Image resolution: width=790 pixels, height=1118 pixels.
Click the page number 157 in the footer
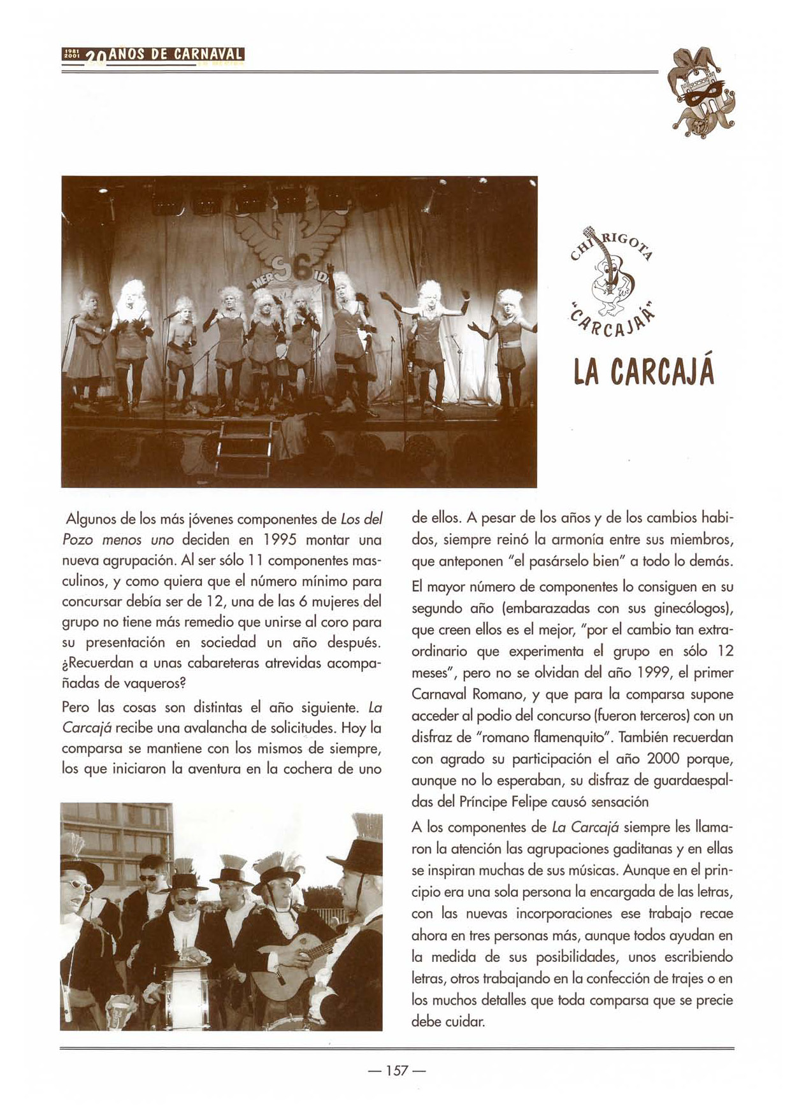click(396, 1070)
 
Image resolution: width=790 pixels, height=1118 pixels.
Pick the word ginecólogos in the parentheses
click(693, 608)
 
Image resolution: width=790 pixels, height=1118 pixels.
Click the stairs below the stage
click(245, 449)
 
